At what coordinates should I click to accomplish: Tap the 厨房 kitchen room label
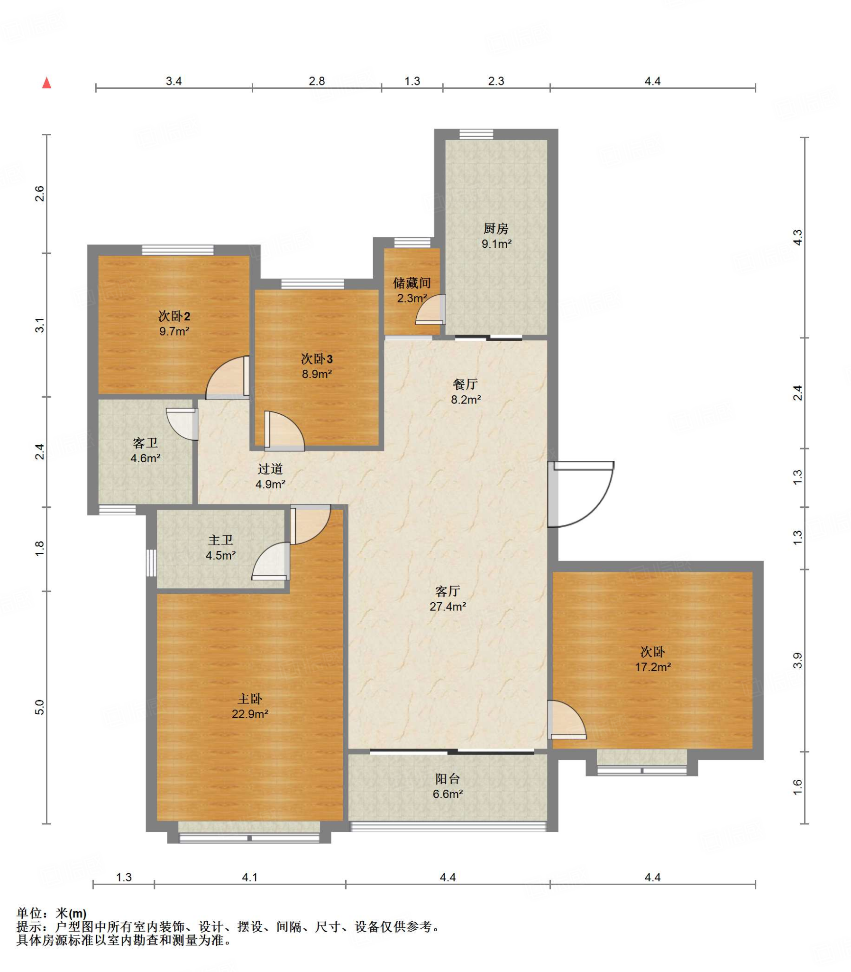496,229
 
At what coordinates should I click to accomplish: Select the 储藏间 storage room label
412,283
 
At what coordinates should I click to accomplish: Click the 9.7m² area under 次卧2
174,331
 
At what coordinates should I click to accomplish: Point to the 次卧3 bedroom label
317,358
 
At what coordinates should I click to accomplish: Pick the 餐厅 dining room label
466,384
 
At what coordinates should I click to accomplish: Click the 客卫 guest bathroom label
146,443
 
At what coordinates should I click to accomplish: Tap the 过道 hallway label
270,469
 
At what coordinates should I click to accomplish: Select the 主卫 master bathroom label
221,540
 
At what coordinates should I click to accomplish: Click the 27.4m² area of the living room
448,607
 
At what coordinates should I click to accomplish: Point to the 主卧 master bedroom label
250,699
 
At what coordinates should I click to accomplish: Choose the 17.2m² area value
653,667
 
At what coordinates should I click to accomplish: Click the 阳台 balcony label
448,778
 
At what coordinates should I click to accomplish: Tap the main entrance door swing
581,495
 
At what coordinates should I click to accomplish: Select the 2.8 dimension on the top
317,81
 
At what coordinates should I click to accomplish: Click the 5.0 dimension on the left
40,707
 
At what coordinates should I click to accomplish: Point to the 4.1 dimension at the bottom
250,878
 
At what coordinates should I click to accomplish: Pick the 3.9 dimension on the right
797,660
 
